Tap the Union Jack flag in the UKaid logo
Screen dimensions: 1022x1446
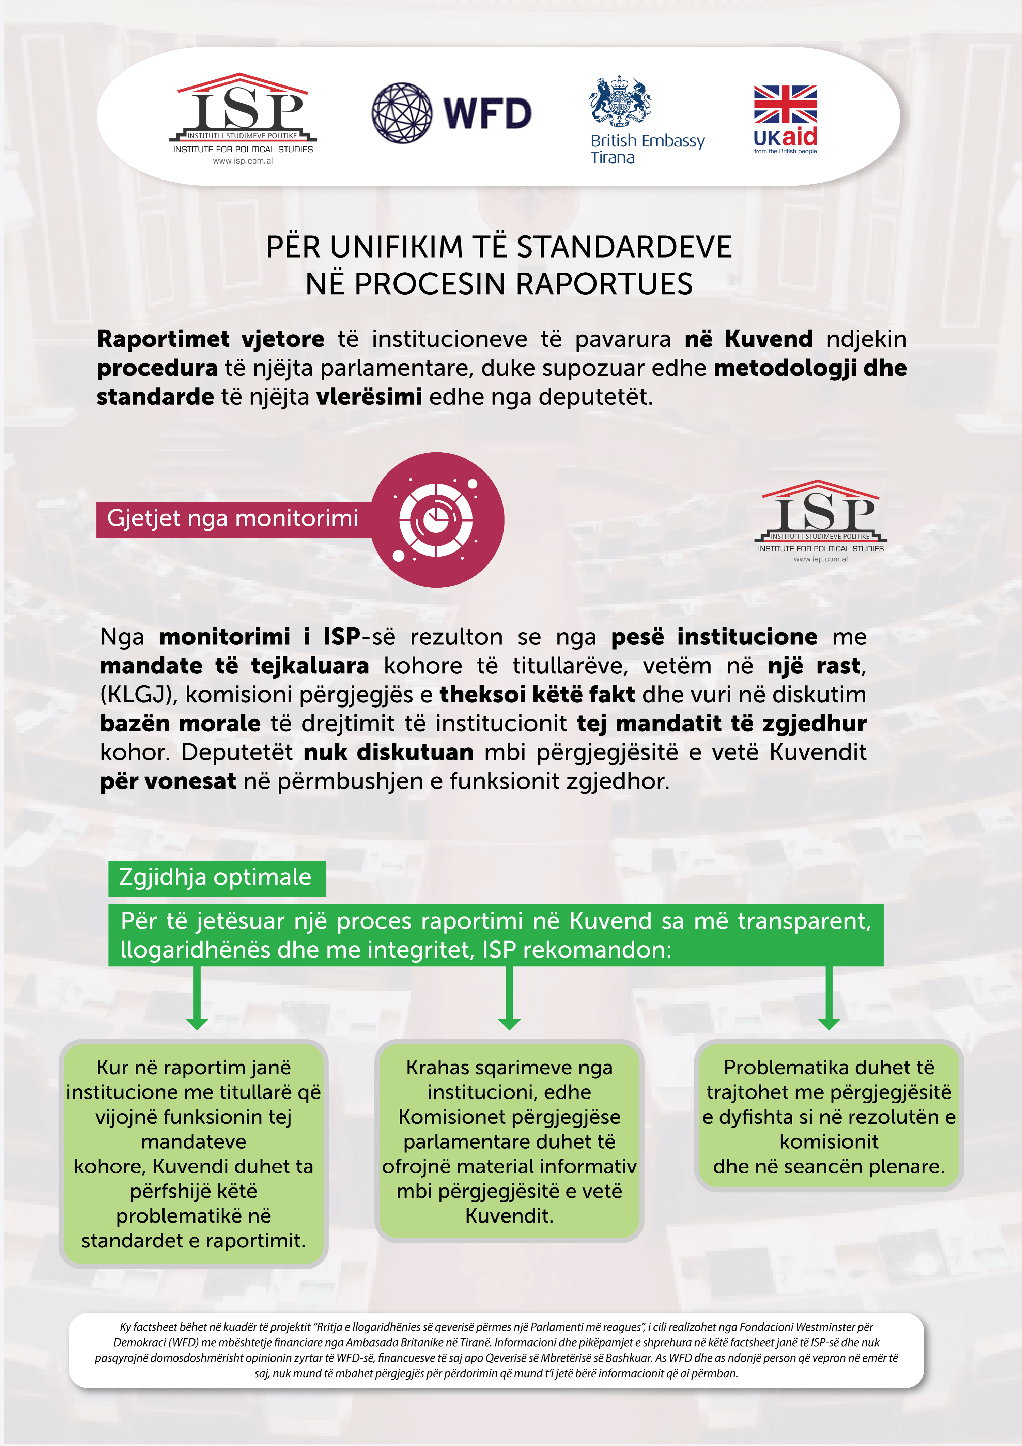point(785,105)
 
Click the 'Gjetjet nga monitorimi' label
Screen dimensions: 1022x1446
point(232,518)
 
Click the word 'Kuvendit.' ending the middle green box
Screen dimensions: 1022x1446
point(509,1215)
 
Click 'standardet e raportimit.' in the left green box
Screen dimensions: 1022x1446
point(193,1241)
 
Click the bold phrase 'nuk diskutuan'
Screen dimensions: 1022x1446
point(388,752)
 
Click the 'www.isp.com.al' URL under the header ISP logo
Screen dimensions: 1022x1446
point(243,161)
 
